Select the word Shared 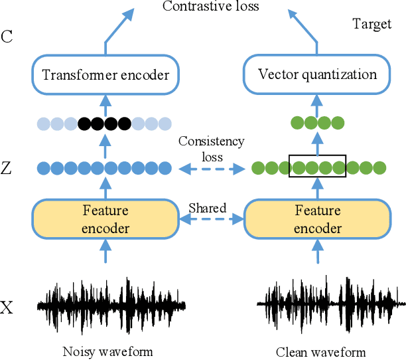pos(208,208)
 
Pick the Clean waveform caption pos(321,351)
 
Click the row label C pos(7,37)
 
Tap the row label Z pos(7,169)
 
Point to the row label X pos(7,308)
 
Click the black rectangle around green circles pos(317,167)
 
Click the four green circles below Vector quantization pos(317,123)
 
